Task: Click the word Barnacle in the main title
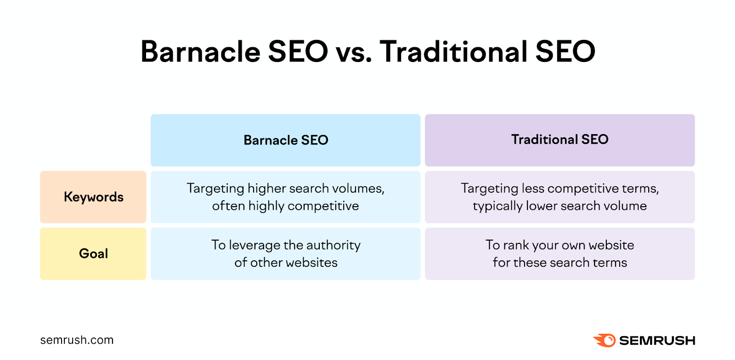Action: click(200, 51)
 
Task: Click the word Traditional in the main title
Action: click(453, 51)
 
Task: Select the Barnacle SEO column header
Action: click(285, 140)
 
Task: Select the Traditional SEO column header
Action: click(560, 140)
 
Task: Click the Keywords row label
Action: click(93, 197)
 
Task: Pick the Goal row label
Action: click(93, 253)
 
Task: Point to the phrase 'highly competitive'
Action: click(303, 206)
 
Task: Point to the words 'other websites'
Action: click(294, 263)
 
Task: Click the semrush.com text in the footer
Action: click(77, 340)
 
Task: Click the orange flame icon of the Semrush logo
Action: click(605, 340)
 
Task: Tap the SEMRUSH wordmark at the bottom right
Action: click(657, 341)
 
